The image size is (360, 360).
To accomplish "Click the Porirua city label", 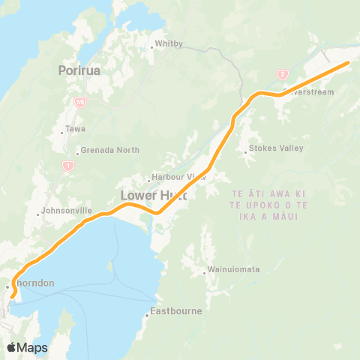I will (x=79, y=71).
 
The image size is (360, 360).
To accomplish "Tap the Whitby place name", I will (x=169, y=44).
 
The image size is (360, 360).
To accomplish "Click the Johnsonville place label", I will (x=67, y=212).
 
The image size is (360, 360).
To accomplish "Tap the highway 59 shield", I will (x=79, y=100).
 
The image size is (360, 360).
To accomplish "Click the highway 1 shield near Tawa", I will (x=68, y=165).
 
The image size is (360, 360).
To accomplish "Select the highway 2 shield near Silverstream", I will (x=283, y=73).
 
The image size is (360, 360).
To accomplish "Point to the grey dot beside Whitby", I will (x=152, y=45).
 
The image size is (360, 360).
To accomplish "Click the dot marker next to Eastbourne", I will (x=148, y=315).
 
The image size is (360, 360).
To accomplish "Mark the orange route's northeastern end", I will (x=347, y=63).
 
